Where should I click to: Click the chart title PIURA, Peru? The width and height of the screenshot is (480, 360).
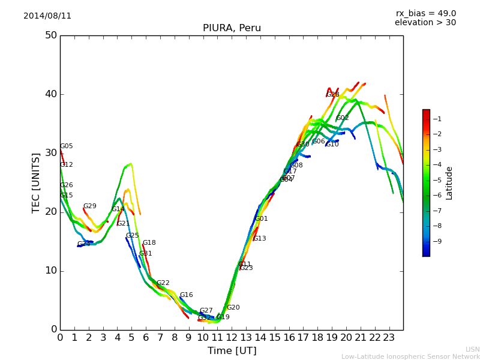[x=232, y=28]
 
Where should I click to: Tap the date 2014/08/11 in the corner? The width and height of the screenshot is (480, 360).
[x=47, y=16]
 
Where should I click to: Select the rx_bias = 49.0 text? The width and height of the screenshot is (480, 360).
[x=425, y=14]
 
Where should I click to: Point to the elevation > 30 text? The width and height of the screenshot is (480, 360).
[x=425, y=23]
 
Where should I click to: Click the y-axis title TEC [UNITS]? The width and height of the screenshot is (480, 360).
[x=37, y=182]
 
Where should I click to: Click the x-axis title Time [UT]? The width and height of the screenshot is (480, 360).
[x=232, y=351]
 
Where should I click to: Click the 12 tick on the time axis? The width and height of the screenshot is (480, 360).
[x=232, y=338]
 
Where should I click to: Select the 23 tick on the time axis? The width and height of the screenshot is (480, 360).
[x=389, y=338]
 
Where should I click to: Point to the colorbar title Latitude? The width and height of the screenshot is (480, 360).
[x=449, y=183]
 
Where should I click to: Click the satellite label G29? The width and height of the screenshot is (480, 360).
[x=89, y=206]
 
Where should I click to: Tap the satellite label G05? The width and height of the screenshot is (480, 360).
[x=66, y=146]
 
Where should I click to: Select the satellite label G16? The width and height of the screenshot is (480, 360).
[x=186, y=295]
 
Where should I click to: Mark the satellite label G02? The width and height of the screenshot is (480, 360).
[x=342, y=118]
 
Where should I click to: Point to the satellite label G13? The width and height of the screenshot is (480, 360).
[x=259, y=239]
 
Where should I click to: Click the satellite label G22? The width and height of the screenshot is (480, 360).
[x=163, y=283]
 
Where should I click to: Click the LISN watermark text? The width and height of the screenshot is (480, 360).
[x=472, y=349]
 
